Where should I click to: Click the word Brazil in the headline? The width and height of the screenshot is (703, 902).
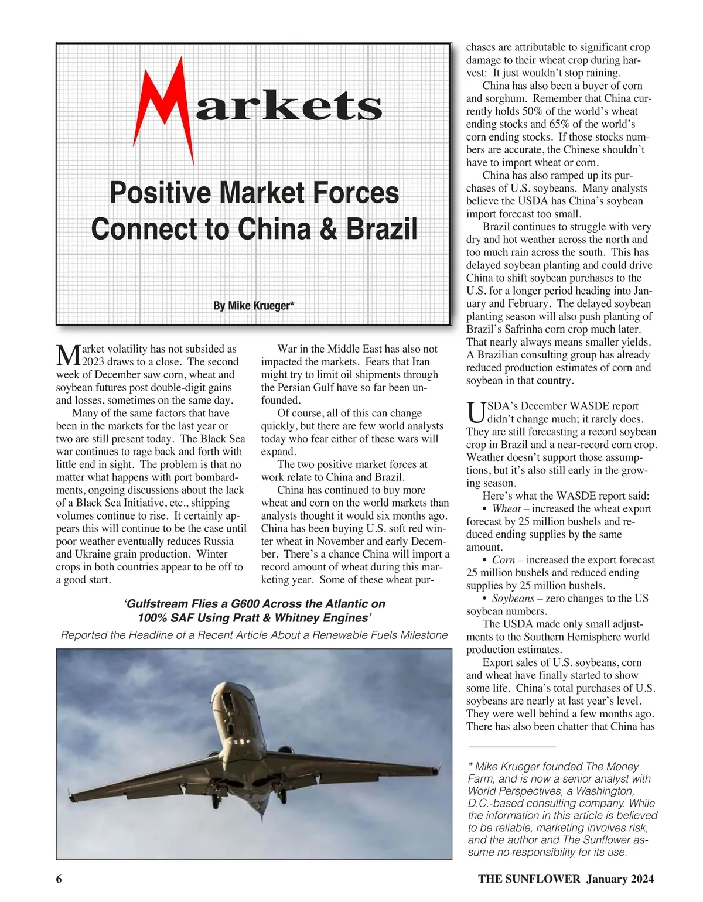(x=381, y=228)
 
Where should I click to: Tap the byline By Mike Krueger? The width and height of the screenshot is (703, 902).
(x=253, y=306)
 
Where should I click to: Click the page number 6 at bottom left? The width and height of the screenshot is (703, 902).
(x=59, y=879)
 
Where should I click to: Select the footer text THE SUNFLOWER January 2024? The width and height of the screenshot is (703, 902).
(x=565, y=879)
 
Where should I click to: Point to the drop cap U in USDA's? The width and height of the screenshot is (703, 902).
(x=476, y=412)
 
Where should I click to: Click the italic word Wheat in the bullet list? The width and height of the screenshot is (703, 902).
(x=506, y=509)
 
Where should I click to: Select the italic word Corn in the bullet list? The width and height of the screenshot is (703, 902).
(x=504, y=560)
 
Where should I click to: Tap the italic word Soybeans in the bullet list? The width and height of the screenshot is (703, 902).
(x=513, y=599)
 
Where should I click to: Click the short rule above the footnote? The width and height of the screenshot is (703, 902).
(x=511, y=747)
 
